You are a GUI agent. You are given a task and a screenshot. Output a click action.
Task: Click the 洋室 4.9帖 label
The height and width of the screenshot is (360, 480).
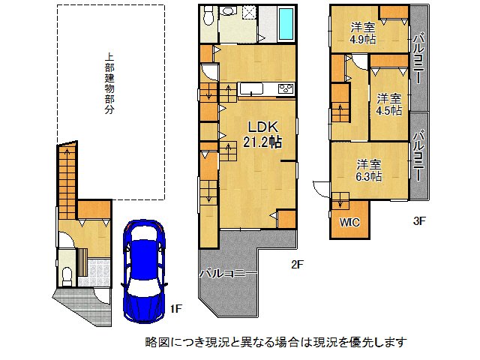click(364, 34)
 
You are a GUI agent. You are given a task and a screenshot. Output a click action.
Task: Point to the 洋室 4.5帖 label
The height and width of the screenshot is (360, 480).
click(388, 104)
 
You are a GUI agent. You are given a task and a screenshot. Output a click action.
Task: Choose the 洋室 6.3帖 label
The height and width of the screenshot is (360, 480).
click(368, 170)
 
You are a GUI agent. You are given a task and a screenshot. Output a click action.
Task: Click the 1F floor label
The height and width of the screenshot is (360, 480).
click(175, 308)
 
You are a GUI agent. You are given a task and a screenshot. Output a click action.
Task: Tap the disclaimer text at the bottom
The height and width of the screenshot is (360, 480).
click(276, 343)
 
